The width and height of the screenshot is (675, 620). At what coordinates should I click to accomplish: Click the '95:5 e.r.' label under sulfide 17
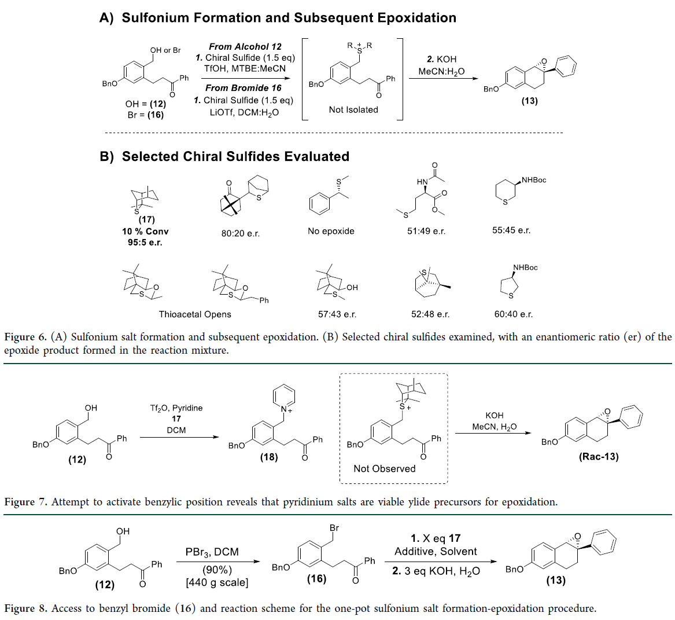click(x=145, y=243)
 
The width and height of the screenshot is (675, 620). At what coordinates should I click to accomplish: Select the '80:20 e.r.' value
click(x=241, y=234)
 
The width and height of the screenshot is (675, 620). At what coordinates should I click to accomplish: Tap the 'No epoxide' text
click(x=331, y=231)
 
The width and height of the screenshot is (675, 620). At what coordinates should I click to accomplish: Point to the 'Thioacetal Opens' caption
click(x=195, y=314)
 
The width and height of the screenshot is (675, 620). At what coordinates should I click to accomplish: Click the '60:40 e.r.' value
click(x=514, y=314)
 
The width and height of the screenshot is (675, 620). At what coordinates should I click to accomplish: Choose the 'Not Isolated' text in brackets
click(x=353, y=109)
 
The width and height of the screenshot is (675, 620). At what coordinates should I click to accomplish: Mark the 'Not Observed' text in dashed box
click(x=385, y=469)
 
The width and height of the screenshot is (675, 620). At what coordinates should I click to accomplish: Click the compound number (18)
click(x=269, y=457)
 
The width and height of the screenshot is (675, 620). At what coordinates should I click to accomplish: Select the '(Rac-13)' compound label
click(x=599, y=457)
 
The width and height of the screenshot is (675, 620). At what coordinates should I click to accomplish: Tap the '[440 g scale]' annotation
click(x=217, y=582)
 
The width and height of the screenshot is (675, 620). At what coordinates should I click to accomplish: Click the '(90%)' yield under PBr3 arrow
click(x=217, y=570)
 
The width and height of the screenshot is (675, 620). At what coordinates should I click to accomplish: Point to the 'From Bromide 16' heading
click(x=244, y=88)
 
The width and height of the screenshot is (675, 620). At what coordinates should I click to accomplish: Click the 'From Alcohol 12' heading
click(x=245, y=46)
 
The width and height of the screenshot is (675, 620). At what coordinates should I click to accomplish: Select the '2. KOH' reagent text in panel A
click(x=441, y=59)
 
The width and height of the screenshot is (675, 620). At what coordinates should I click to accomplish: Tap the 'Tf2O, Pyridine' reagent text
click(x=176, y=408)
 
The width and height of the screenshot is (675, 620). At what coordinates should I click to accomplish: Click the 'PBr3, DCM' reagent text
click(x=212, y=552)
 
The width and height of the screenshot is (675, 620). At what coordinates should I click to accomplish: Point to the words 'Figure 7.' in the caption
click(x=25, y=502)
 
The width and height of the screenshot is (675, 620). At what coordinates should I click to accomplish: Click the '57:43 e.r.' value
click(x=337, y=314)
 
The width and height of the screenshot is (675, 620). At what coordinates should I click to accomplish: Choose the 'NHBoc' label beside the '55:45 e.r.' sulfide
click(x=533, y=180)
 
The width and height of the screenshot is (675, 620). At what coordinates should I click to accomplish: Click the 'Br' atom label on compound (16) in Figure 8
click(x=334, y=528)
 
